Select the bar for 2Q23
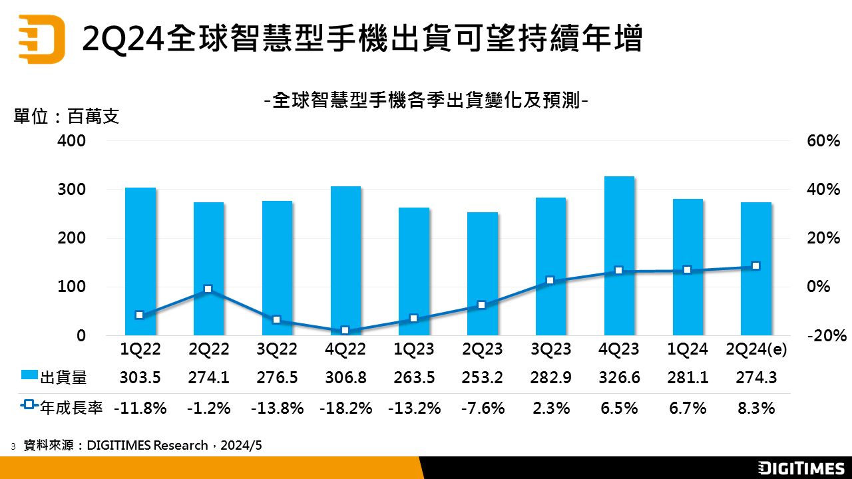coord(482,273)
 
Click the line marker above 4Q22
coord(345,330)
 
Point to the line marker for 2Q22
coord(208,289)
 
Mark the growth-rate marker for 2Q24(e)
coord(755,266)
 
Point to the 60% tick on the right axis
coord(823,141)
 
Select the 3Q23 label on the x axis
coord(550,349)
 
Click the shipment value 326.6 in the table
coord(619,378)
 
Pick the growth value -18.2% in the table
coord(345,408)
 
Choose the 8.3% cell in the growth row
coord(755,408)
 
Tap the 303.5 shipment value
coord(140,378)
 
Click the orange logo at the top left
coord(41,39)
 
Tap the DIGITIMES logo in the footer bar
coord(801,468)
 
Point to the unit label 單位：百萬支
coord(66,117)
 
